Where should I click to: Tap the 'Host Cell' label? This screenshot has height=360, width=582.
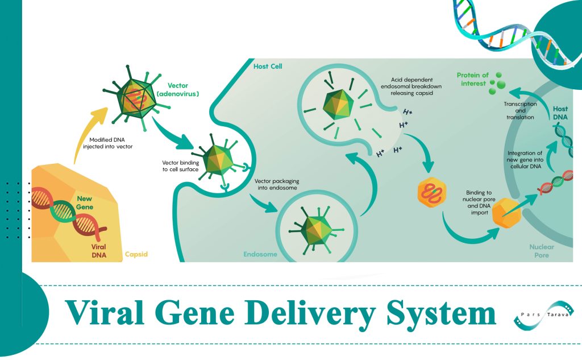(x=267, y=67)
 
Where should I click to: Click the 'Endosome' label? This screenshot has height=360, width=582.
(x=260, y=254)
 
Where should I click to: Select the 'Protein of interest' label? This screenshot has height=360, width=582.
(x=472, y=79)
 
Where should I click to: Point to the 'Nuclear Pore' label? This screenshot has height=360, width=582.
(x=541, y=251)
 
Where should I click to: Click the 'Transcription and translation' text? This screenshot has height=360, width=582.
(x=521, y=110)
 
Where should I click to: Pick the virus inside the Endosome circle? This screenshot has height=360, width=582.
(x=317, y=229)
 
